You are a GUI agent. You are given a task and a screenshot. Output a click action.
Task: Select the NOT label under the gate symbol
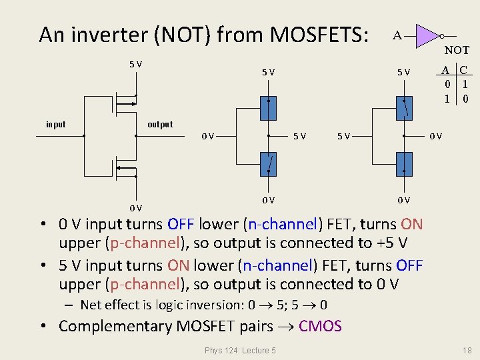point(457,50)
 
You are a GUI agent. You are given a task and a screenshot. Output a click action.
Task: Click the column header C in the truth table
point(463,69)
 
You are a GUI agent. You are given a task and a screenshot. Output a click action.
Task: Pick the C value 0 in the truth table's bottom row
point(465,99)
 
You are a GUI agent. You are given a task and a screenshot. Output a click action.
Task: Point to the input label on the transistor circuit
point(56,124)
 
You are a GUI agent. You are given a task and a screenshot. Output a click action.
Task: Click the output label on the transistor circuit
point(159,124)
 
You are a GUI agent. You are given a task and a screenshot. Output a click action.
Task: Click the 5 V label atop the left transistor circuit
point(135,64)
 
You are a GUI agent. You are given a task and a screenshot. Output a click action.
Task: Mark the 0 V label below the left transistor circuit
point(135,207)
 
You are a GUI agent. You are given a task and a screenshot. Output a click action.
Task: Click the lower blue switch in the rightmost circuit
point(404,162)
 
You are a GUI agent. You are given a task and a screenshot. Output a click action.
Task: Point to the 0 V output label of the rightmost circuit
point(435,137)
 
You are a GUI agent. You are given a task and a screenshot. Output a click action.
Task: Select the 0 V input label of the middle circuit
point(208,137)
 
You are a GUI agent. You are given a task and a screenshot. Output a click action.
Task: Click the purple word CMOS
point(320,326)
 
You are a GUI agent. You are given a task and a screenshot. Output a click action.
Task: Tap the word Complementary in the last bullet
point(115,326)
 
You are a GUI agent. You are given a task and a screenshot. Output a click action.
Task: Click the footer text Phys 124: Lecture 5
point(241,350)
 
